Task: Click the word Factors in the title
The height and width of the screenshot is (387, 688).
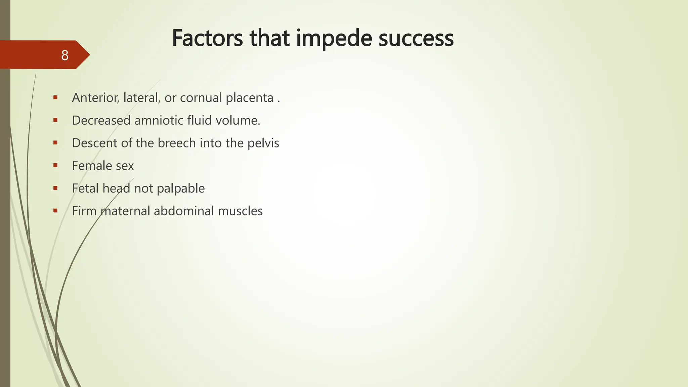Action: point(207,38)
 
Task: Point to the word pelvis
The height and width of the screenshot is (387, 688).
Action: point(263,143)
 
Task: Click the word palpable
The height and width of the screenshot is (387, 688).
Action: point(181,188)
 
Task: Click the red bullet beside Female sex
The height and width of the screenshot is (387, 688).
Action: point(55,165)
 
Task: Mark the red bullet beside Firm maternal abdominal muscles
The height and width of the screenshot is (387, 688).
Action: point(55,211)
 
